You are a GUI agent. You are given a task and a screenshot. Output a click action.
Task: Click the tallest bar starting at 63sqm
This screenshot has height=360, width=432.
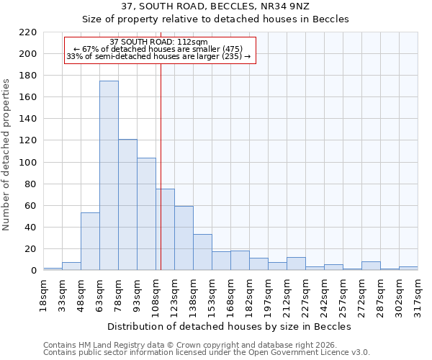pos(109,176)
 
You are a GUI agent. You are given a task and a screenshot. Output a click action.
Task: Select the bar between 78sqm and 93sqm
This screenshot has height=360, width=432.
pos(127,204)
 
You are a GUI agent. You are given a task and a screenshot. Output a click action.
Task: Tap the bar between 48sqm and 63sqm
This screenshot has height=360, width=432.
pos(90,241)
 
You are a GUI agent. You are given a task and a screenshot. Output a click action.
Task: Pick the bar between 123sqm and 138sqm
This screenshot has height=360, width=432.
pos(184,238)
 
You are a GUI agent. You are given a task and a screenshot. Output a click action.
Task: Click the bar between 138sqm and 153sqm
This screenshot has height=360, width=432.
pos(202,252)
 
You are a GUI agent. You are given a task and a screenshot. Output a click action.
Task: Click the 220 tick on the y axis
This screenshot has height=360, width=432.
pos(28,32)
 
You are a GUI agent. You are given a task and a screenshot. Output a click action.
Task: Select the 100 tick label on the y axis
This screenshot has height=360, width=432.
pos(28,163)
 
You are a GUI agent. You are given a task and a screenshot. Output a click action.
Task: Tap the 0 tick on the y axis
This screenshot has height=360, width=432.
pos(33,271)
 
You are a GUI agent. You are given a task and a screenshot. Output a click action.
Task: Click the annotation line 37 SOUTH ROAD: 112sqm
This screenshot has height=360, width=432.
pos(159,42)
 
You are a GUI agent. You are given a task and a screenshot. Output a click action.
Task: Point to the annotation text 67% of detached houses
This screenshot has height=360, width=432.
pos(159,49)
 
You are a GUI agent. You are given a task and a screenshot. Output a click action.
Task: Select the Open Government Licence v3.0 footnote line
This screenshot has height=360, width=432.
pos(207,353)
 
